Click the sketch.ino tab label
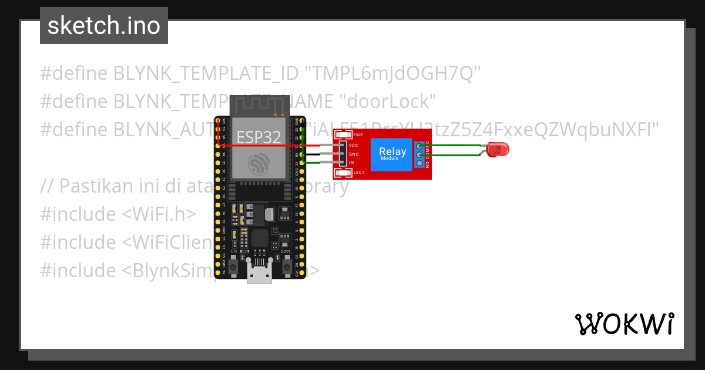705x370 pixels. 103,26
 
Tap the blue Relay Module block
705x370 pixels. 392,154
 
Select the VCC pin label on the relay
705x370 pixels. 353,145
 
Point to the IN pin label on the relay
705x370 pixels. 351,162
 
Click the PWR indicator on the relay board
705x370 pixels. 358,135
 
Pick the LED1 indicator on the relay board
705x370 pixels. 358,172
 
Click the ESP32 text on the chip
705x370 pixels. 258,137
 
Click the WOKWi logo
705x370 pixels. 624,324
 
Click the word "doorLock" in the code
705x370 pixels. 388,102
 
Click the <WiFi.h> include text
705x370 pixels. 159,214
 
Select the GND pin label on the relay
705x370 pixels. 354,154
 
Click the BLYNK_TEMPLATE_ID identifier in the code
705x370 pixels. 205,73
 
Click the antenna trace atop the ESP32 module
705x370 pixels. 259,106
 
